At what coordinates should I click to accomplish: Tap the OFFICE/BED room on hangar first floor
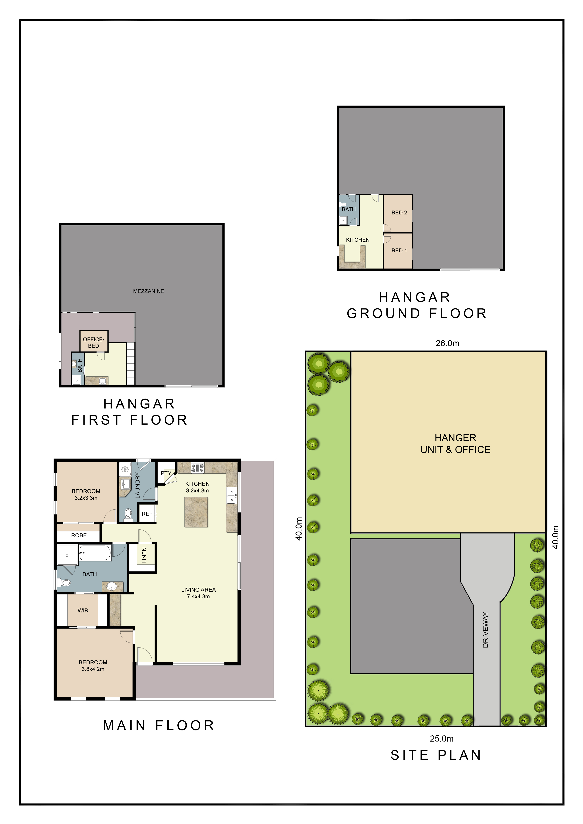pos(94,341)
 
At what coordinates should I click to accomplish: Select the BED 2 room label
pos(399,212)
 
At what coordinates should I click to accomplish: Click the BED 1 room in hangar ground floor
pos(398,250)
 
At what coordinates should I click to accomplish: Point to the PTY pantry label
pos(166,473)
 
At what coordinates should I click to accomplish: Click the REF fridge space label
pos(147,514)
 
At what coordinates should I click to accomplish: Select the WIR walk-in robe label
pos(83,610)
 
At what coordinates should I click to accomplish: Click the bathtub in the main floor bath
pos(95,553)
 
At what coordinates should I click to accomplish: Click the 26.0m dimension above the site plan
pos(447,343)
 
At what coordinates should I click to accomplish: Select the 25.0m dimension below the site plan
pos(441,739)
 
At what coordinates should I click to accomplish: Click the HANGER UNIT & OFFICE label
pos(455,444)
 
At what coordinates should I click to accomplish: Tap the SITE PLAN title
pos(436,755)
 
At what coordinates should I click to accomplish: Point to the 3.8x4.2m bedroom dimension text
pos(93,669)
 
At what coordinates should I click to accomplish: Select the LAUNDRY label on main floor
pos(138,485)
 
